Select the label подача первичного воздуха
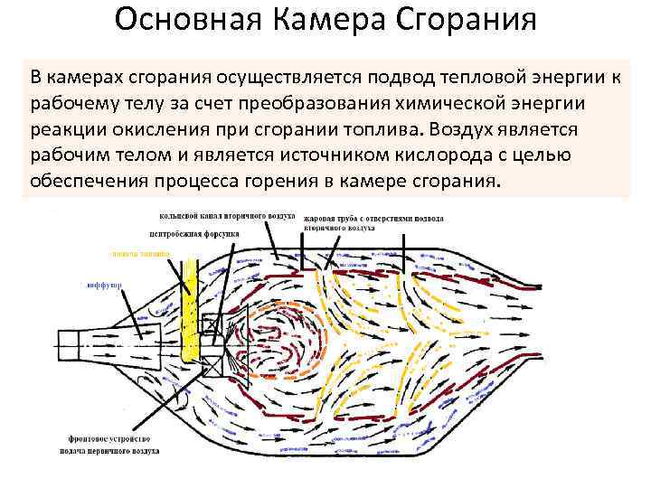pos(109,448)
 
